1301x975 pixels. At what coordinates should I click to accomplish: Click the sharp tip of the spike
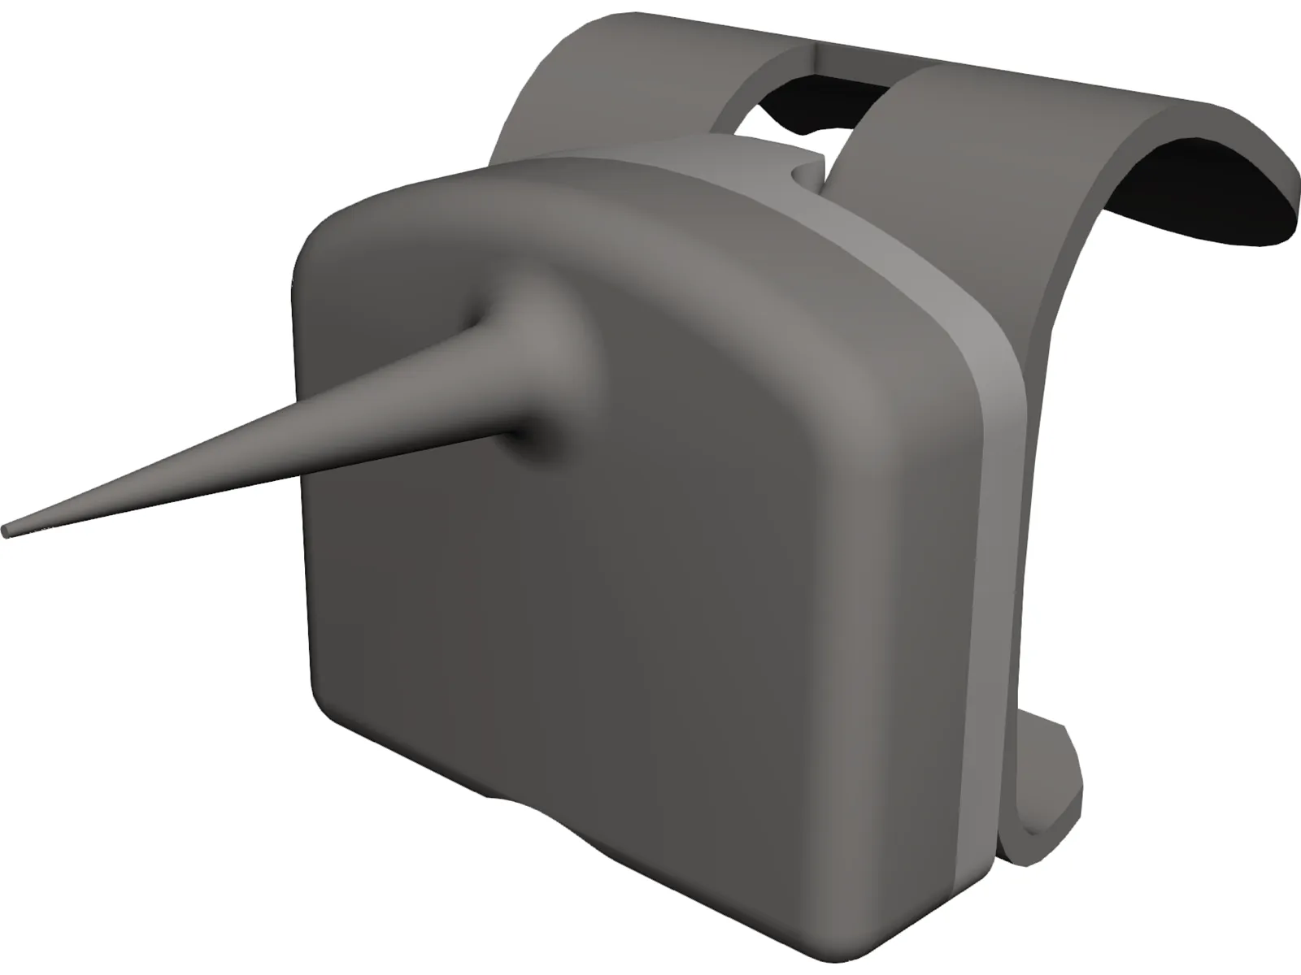point(7,531)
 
